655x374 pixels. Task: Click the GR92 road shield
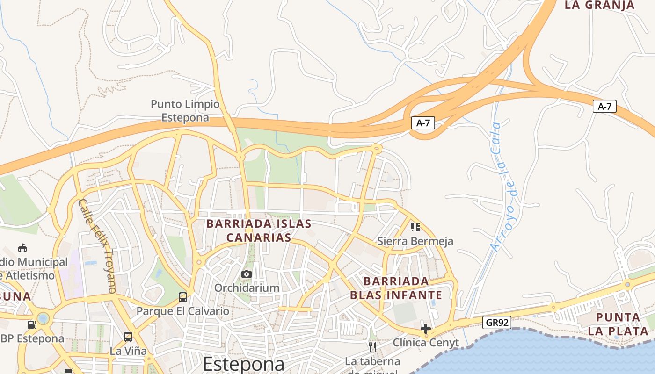pyautogui.click(x=496, y=323)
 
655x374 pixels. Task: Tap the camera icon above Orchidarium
pyautogui.click(x=247, y=274)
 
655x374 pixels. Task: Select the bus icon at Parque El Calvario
pyautogui.click(x=183, y=297)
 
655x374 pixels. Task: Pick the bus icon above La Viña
pyautogui.click(x=128, y=337)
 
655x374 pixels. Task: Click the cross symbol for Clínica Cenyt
pyautogui.click(x=425, y=329)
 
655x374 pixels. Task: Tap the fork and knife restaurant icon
pyautogui.click(x=372, y=347)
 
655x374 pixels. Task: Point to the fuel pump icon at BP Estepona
pyautogui.click(x=32, y=324)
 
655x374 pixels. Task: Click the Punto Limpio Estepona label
pyautogui.click(x=185, y=111)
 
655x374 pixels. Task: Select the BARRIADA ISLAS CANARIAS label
pyautogui.click(x=259, y=230)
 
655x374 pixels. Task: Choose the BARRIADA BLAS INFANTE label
pyautogui.click(x=396, y=288)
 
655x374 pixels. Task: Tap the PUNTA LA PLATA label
pyautogui.click(x=618, y=324)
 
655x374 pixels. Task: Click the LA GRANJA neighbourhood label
pyautogui.click(x=600, y=6)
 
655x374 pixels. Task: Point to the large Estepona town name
pyautogui.click(x=243, y=364)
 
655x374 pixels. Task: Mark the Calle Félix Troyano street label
pyautogui.click(x=97, y=246)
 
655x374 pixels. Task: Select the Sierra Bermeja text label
pyautogui.click(x=415, y=241)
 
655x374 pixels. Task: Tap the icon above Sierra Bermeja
pyautogui.click(x=415, y=227)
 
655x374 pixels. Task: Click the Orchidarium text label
pyautogui.click(x=247, y=288)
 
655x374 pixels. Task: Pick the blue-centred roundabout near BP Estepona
pyautogui.click(x=43, y=319)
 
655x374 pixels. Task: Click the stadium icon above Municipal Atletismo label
pyautogui.click(x=22, y=248)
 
